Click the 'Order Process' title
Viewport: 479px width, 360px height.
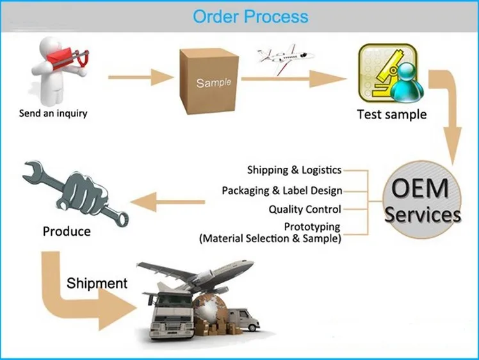tap(250, 16)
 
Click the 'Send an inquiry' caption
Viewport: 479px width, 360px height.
tap(53, 114)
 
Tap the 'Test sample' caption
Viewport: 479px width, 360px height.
tap(391, 115)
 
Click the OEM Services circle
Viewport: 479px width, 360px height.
tap(423, 200)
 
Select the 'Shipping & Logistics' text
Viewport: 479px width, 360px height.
tap(295, 170)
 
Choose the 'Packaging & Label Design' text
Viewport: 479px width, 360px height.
tap(282, 190)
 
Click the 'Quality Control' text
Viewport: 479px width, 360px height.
tap(305, 209)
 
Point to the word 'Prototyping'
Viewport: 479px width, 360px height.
tap(312, 227)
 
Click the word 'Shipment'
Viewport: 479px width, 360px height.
tap(97, 283)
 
